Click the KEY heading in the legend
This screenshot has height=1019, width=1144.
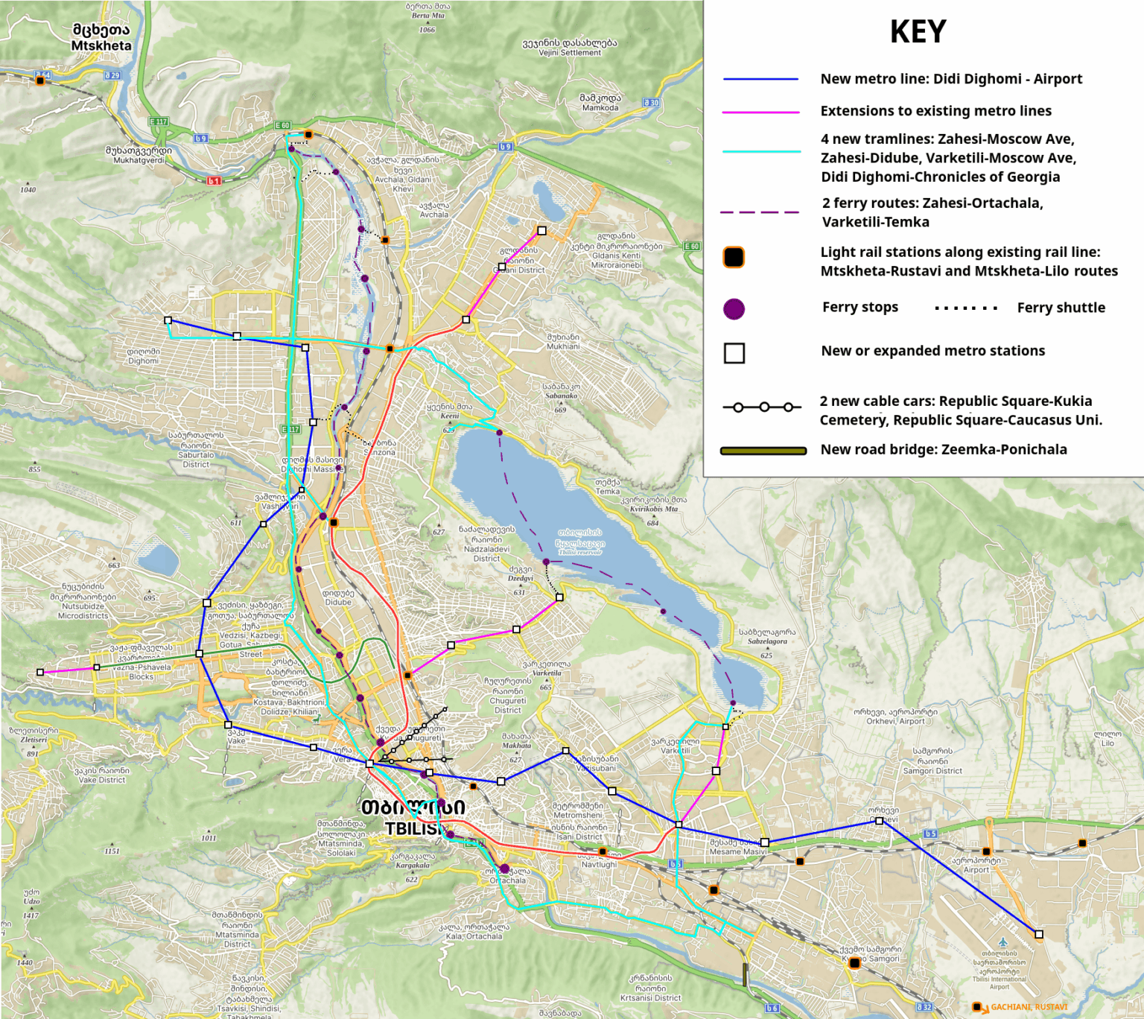coord(918,32)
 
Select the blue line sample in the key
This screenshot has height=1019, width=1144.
coord(760,79)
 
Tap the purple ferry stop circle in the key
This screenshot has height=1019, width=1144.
coord(734,308)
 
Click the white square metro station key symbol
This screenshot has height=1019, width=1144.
coord(734,353)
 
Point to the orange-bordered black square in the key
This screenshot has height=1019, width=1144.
coord(734,257)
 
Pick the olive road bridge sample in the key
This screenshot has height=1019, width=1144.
coord(763,451)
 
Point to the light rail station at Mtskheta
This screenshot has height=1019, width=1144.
coord(40,80)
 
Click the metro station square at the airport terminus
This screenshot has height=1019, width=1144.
coord(1039,934)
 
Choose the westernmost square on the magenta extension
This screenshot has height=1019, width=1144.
coord(40,673)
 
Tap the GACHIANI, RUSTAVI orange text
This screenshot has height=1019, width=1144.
coord(1029,1007)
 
